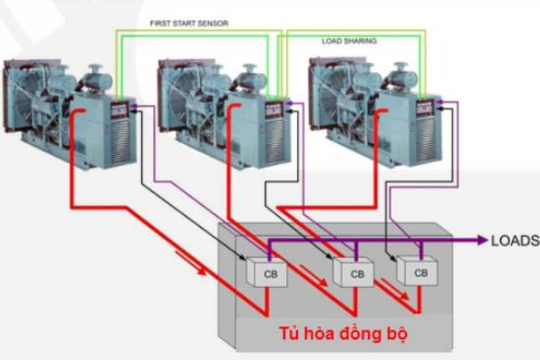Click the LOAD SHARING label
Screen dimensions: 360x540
pos(349,41)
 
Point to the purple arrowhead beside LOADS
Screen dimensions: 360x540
pos(480,240)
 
